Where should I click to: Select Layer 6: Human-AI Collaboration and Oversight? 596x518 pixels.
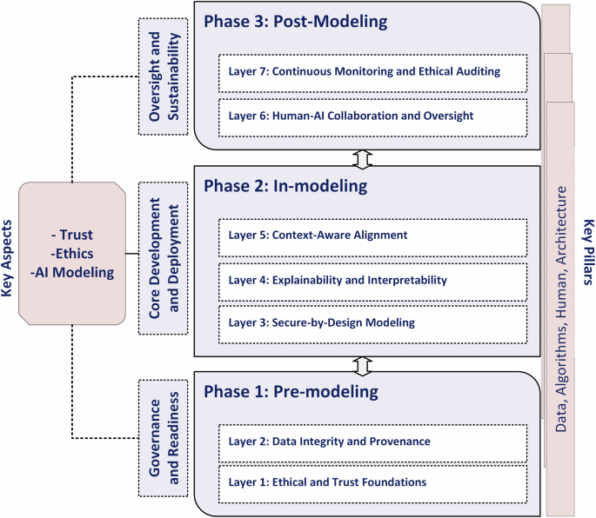[372, 116]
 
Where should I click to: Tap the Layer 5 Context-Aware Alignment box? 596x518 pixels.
[372, 235]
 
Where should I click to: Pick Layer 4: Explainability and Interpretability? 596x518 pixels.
[372, 280]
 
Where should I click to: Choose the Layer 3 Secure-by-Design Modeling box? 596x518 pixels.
[372, 323]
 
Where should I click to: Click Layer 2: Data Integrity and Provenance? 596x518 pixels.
[372, 442]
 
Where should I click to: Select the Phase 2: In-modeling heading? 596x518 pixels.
[285, 186]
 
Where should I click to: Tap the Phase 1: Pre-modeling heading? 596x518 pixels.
[291, 392]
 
